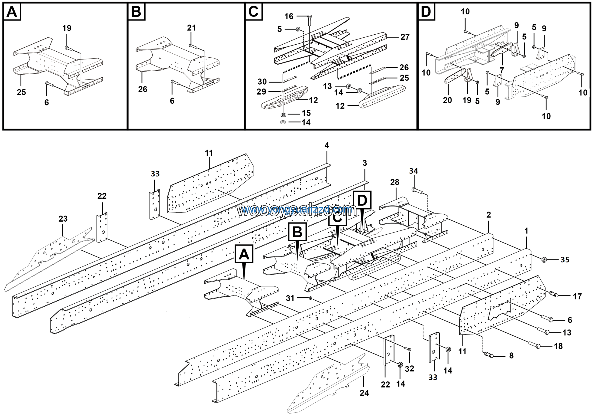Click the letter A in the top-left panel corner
pos(12,12)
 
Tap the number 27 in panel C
pos(405,37)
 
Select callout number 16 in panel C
pos(289,16)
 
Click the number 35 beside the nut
pos(565,260)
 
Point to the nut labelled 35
pos(544,259)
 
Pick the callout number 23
pos(63,219)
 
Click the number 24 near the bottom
pos(364,393)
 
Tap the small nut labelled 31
pos(311,298)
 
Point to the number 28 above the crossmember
pos(394,182)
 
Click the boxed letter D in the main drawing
pos(362,200)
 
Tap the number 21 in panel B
pos(191,28)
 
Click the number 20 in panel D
pos(447,100)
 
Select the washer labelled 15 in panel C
pos(283,114)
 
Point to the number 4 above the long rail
pos(327,145)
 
